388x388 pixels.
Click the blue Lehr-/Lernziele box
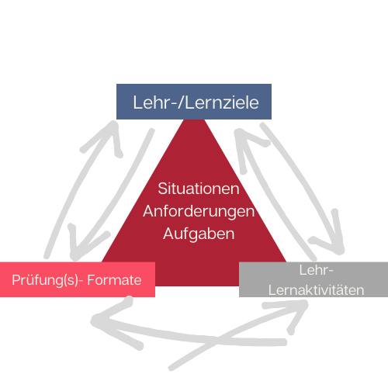(x=194, y=102)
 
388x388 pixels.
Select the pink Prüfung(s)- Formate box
(x=78, y=279)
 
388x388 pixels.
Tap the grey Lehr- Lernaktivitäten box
(x=314, y=279)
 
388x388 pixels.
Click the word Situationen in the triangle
(x=199, y=189)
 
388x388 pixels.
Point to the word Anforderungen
(x=199, y=212)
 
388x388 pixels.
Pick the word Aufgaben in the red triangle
(x=199, y=234)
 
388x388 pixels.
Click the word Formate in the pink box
(x=114, y=280)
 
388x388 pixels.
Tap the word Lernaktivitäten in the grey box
(x=316, y=290)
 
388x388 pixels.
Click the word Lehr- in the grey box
(x=316, y=270)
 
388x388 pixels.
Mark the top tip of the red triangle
(x=194, y=120)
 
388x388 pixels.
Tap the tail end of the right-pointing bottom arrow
(x=171, y=368)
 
